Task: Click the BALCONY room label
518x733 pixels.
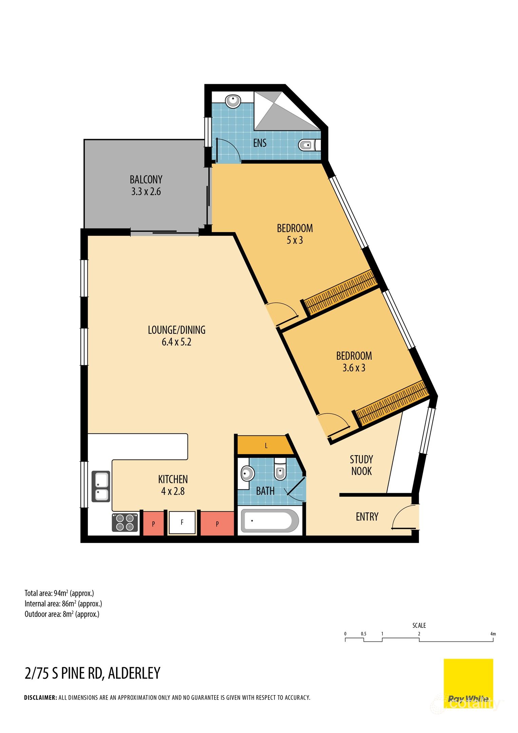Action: [146, 179]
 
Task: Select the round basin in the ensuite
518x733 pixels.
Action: [233, 101]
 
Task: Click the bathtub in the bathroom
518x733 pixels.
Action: [269, 521]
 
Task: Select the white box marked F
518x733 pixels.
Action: [182, 523]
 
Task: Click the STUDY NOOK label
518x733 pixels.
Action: [361, 465]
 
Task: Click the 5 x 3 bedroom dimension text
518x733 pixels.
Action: [294, 240]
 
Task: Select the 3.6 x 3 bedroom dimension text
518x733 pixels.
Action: [354, 368]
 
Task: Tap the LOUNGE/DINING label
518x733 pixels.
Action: [176, 330]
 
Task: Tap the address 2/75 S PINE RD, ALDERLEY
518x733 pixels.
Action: [92, 673]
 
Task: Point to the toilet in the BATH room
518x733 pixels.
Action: [280, 469]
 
